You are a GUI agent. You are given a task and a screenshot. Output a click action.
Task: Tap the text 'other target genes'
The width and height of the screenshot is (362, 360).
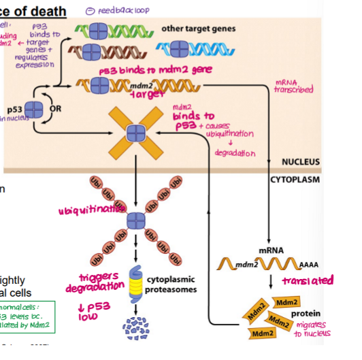pyautogui.click(x=198, y=29)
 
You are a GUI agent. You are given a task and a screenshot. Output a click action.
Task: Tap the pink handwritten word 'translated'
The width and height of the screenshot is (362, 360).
pyautogui.click(x=308, y=280)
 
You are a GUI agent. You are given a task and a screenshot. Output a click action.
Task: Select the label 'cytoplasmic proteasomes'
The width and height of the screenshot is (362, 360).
pyautogui.click(x=172, y=284)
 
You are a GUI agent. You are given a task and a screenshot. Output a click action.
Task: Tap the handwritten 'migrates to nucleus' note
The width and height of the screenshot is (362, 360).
pyautogui.click(x=312, y=331)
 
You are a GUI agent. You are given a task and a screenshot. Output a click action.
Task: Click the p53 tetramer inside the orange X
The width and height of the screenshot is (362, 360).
pyautogui.click(x=137, y=129)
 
